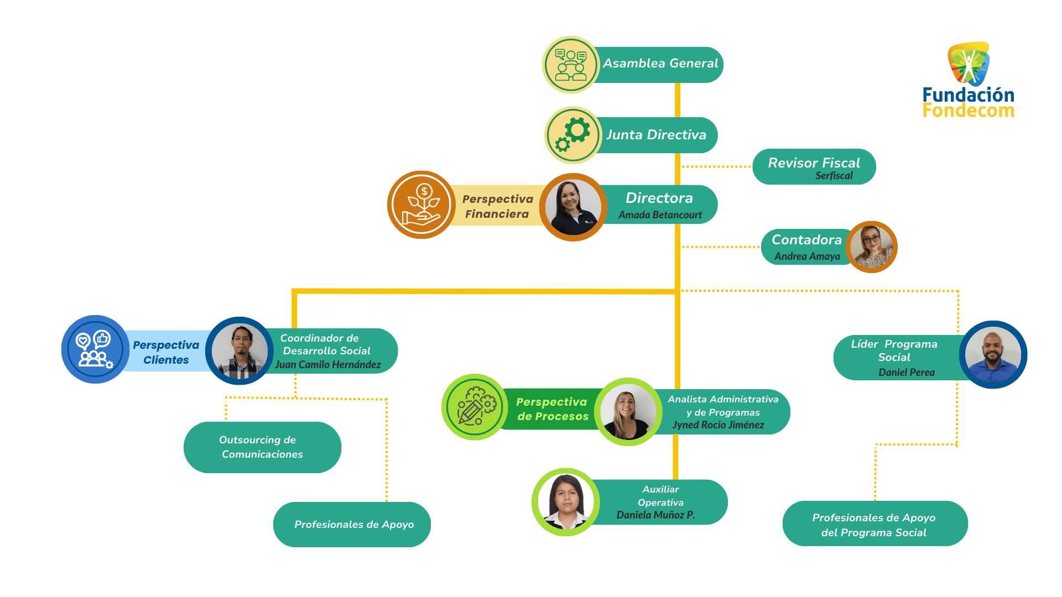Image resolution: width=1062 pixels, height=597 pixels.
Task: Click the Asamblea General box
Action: tap(660, 64)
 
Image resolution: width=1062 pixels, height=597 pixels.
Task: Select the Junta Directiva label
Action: tap(656, 135)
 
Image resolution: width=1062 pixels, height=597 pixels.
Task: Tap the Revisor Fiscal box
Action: tap(814, 166)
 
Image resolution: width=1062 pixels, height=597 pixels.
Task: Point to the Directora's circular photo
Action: tap(573, 207)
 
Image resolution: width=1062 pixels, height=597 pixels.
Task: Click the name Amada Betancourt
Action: tap(660, 215)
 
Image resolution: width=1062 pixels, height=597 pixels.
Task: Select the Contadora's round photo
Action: tap(871, 247)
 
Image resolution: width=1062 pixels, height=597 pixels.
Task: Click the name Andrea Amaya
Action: tap(807, 256)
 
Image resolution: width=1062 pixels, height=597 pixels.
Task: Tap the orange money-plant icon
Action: tap(421, 205)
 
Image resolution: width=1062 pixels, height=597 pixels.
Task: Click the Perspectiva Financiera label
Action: tap(497, 206)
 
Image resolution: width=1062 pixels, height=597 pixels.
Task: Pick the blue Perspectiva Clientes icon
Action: tap(95, 349)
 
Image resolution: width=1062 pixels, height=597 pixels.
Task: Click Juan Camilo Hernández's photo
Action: tap(240, 351)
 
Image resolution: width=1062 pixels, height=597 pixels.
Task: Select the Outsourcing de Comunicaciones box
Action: tap(262, 447)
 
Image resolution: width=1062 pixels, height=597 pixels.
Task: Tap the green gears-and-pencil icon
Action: tap(475, 407)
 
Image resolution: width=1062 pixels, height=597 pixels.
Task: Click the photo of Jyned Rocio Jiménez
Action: tap(628, 412)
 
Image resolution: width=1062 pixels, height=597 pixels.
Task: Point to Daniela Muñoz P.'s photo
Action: tap(565, 502)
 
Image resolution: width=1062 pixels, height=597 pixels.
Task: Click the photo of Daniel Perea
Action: tap(993, 355)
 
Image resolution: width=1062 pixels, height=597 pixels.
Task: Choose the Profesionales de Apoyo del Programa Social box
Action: tap(874, 524)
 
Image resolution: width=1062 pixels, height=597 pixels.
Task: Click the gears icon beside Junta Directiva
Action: tap(573, 135)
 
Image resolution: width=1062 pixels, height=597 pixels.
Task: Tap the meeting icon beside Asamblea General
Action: tap(571, 65)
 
